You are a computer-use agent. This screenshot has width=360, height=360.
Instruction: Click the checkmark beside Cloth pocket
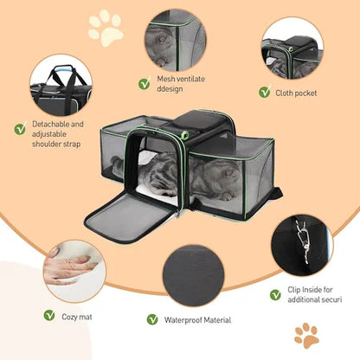coord(265,92)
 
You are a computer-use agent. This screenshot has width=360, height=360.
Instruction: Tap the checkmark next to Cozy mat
coord(49,315)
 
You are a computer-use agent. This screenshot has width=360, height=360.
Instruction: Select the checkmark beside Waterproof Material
coord(152,319)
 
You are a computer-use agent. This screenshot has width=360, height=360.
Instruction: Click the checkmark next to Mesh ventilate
coord(145,83)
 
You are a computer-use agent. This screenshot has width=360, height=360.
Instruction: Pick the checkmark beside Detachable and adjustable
coord(20,129)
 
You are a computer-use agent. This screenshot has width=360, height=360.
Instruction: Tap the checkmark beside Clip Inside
coord(275,295)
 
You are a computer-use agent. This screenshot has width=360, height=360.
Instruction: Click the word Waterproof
coord(183,320)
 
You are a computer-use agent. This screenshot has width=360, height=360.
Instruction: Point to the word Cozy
coord(69,318)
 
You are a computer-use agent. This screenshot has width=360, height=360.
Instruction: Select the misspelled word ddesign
coord(170,89)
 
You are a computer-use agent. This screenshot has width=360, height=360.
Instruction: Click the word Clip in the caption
coord(294,290)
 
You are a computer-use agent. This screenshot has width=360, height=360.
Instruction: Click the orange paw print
coord(306,336)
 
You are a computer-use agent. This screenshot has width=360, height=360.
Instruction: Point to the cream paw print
coord(106,28)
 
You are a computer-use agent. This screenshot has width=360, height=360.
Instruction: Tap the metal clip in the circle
coord(301,241)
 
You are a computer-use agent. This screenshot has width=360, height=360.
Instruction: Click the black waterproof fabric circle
coord(194,275)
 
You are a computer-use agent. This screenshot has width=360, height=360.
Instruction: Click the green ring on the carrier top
coord(184,134)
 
